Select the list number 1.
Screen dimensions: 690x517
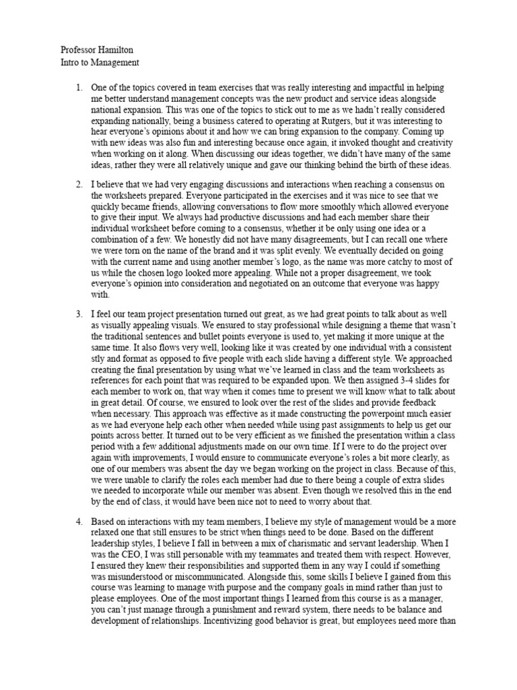pos(79,88)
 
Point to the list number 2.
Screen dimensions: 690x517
pos(79,185)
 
